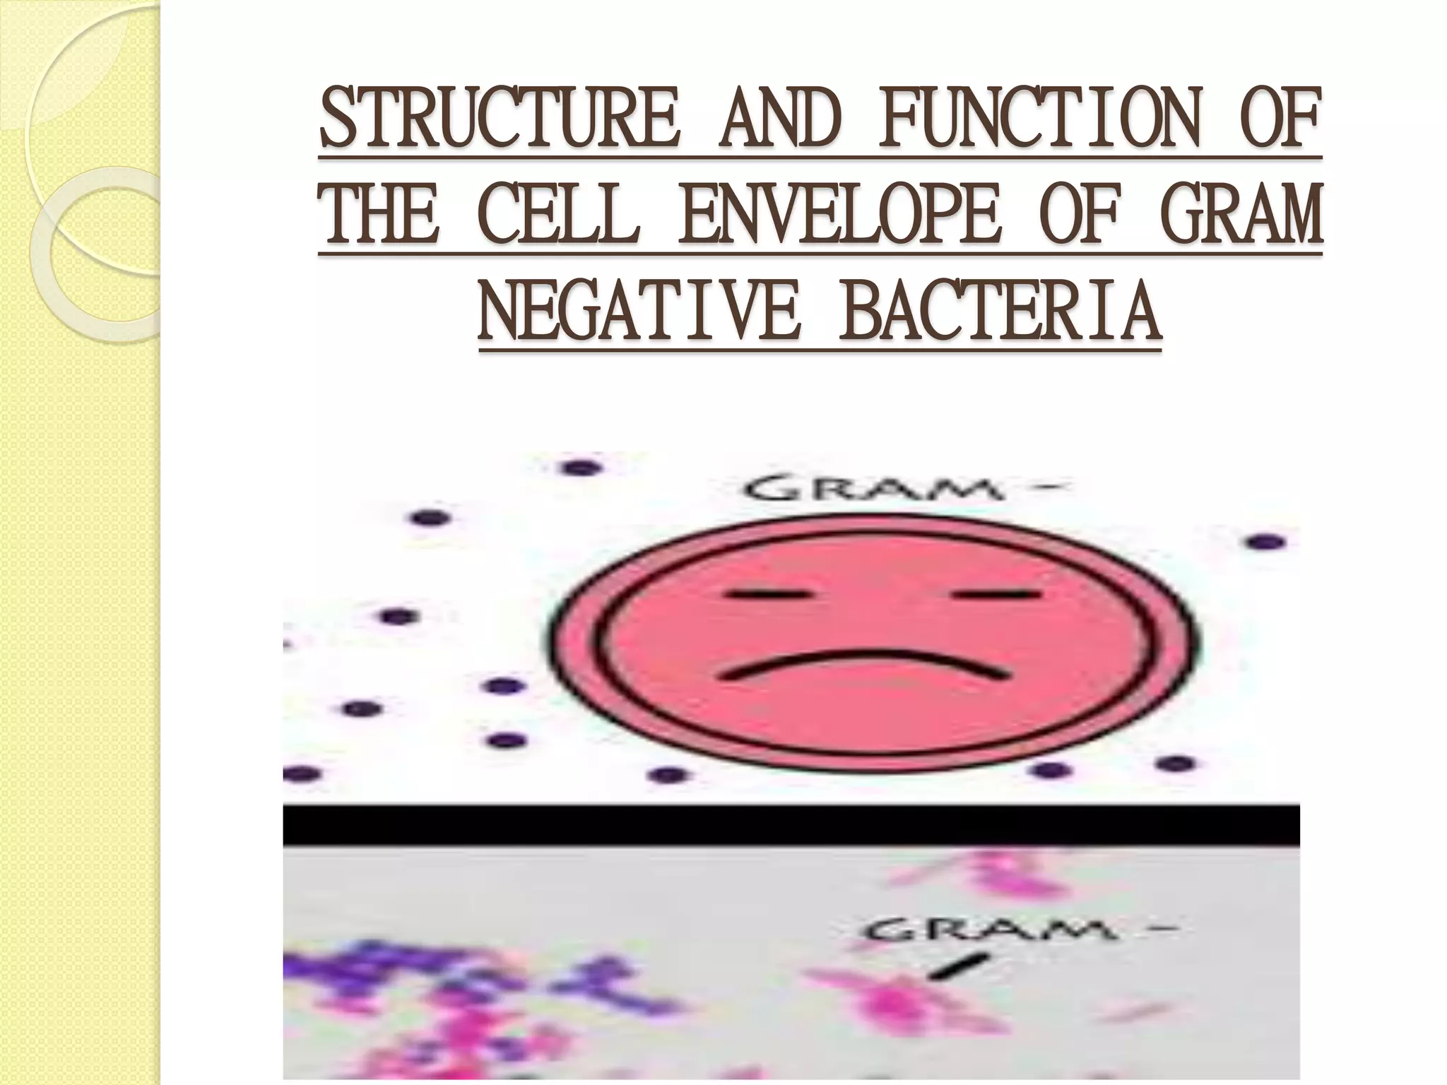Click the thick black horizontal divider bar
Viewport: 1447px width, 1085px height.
[x=791, y=825]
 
